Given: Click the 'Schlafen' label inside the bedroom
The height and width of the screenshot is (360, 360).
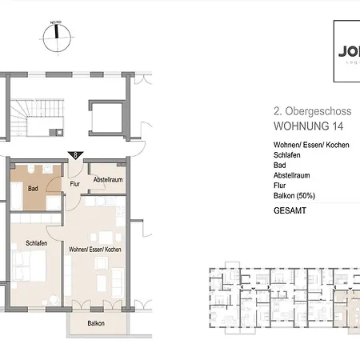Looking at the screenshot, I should [36, 243].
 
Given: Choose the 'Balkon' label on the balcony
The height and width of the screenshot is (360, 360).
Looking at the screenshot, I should [98, 323].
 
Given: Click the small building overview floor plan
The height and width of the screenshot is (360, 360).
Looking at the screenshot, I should [280, 292].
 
